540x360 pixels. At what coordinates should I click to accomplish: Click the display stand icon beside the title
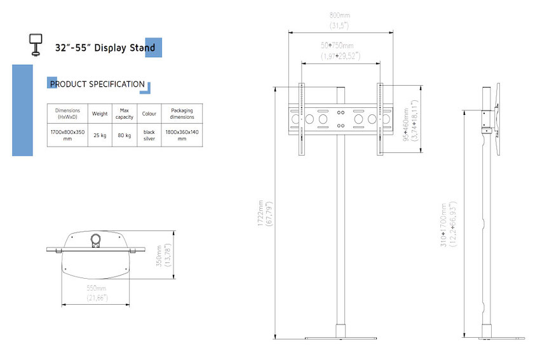coord(36,44)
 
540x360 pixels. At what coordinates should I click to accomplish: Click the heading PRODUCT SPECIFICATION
coord(97,84)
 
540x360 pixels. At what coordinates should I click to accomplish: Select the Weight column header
coord(100,114)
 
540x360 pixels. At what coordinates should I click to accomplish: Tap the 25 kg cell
coord(100,135)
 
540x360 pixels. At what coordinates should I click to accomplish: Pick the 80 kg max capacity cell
coord(125,135)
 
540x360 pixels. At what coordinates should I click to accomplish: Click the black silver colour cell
coord(149,135)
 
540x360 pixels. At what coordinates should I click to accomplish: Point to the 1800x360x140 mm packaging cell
coord(182,135)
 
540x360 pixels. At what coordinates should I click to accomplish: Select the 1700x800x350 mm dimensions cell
coord(67,135)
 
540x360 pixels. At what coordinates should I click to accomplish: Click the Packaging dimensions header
coord(182,114)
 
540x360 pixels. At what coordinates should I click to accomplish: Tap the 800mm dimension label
coord(340,20)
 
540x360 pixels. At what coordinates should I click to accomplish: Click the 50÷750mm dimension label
coord(341,51)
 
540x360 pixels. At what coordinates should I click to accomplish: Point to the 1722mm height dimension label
coord(265,213)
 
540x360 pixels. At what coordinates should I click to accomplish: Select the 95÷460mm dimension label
coord(410,121)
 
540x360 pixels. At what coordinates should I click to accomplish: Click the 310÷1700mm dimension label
coord(449,224)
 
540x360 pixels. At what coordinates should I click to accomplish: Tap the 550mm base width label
coord(97,293)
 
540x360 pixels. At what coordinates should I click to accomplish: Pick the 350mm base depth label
coord(163,255)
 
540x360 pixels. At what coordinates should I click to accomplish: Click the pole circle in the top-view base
coord(95,239)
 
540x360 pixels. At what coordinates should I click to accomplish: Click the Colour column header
coord(149,114)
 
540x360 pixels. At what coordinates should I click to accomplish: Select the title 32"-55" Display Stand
coord(105,48)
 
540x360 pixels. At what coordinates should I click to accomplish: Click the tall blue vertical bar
coord(22,110)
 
